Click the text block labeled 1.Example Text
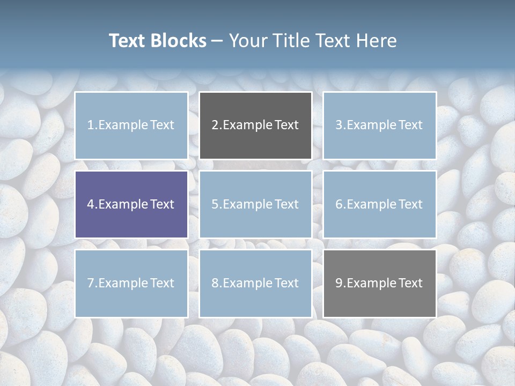point(131,125)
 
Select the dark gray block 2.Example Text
point(255,125)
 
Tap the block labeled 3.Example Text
point(379,125)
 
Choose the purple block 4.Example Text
point(131,204)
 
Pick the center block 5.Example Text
point(255,204)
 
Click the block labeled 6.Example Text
point(379,204)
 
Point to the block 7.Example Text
point(131,283)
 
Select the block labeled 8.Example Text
point(255,283)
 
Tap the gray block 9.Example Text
point(379,283)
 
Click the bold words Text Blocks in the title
point(157,41)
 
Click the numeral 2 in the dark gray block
point(215,125)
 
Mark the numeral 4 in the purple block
point(91,204)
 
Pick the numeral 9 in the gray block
point(339,283)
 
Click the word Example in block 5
point(248,204)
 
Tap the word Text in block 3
point(410,125)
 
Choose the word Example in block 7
point(123,283)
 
